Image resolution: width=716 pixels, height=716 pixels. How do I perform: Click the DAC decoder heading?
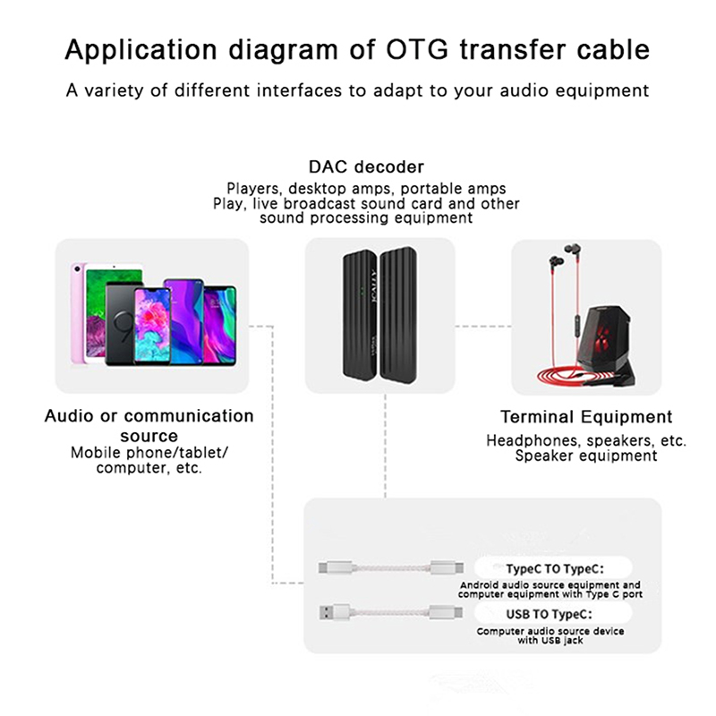pos(366,166)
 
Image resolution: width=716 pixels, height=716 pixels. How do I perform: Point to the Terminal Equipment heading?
pos(586,417)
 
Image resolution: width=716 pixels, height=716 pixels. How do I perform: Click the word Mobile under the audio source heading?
pos(96,453)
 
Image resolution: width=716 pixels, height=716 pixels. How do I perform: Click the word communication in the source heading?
pos(189,417)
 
